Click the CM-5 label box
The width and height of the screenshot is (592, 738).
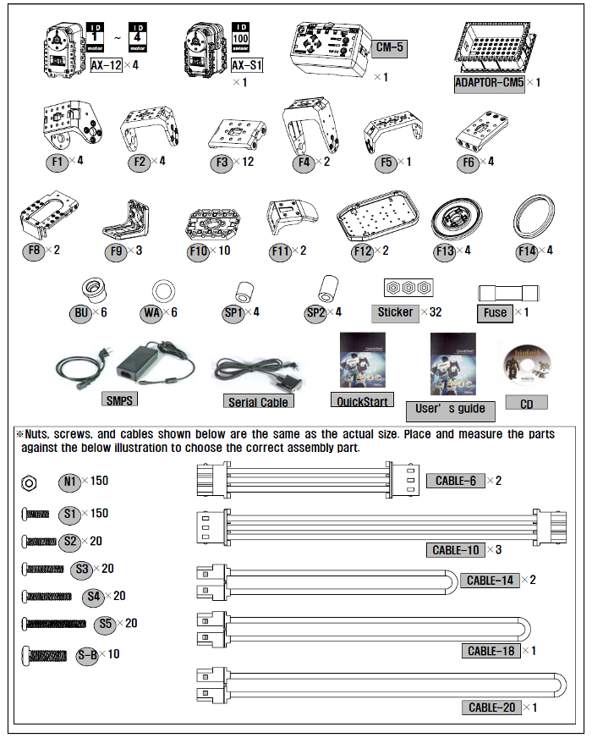[x=389, y=48]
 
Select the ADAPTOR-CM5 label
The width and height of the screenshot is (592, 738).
[x=489, y=83]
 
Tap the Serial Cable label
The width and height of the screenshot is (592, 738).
[x=258, y=402]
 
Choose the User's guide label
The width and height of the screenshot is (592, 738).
[x=451, y=409]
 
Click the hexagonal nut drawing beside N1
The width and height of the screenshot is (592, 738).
[x=29, y=483]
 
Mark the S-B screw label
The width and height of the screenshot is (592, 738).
[x=87, y=654]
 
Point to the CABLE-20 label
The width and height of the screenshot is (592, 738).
[x=491, y=708]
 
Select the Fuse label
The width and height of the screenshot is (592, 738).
[x=495, y=312]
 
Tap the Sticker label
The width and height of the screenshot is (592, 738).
[x=395, y=312]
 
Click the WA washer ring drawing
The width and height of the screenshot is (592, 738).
[x=162, y=290]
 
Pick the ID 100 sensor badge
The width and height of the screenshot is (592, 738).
[x=241, y=39]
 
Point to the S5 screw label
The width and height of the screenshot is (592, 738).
[x=105, y=625]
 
